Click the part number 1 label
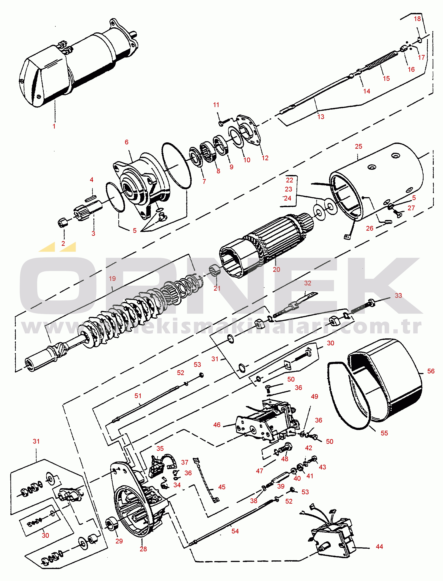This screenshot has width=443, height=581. [54, 126]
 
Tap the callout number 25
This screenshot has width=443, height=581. [358, 146]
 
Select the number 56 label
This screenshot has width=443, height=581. [431, 371]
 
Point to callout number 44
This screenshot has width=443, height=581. [379, 546]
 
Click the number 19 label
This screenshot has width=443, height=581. [112, 279]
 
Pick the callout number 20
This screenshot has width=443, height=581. [276, 269]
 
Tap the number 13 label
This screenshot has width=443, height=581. [321, 117]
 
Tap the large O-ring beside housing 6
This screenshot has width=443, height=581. [176, 166]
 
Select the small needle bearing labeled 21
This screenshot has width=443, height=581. [215, 271]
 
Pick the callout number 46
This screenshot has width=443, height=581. [217, 425]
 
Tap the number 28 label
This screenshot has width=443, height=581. [143, 549]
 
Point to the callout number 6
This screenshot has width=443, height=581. [127, 142]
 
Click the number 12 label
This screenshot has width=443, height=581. [265, 158]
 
